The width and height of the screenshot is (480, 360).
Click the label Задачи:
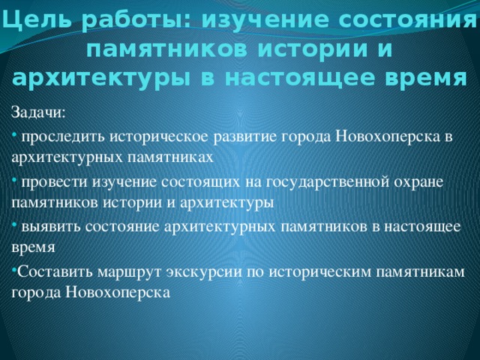38,112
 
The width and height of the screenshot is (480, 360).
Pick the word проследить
63,136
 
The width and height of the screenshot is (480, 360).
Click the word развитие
245,136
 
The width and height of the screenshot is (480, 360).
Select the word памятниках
170,157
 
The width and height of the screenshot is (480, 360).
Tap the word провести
55,181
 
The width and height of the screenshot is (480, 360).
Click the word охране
418,182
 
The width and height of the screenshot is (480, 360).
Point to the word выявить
51,226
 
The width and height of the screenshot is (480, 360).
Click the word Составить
55,271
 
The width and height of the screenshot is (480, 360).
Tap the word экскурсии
203,272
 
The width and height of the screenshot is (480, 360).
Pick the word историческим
320,272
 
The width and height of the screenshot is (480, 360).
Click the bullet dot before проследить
14,134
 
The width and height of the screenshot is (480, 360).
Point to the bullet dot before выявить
14,224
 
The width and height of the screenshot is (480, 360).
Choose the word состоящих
200,182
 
